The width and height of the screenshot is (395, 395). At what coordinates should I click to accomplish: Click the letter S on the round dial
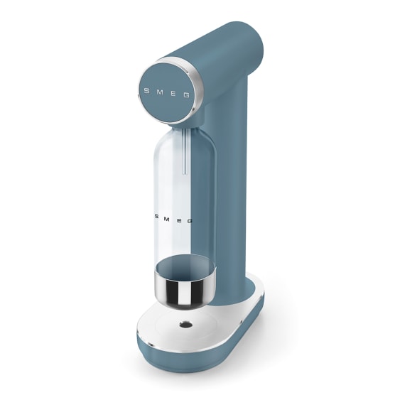point(146,91)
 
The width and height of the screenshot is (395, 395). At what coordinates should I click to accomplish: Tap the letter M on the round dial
point(160,92)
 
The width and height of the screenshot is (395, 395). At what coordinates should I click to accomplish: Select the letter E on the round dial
point(173,94)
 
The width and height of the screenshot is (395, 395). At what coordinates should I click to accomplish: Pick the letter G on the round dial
point(186,95)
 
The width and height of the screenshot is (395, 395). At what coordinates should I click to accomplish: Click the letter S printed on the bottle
point(156,216)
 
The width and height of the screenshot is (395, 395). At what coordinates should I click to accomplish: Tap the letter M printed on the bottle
point(167,218)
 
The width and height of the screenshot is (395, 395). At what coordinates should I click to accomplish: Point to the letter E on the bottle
point(179,220)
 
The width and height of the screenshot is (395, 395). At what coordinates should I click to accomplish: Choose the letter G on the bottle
point(190,222)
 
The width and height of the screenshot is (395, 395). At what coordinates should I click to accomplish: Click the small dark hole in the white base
point(185,325)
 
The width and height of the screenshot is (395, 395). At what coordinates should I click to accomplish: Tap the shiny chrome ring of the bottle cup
point(185,291)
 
